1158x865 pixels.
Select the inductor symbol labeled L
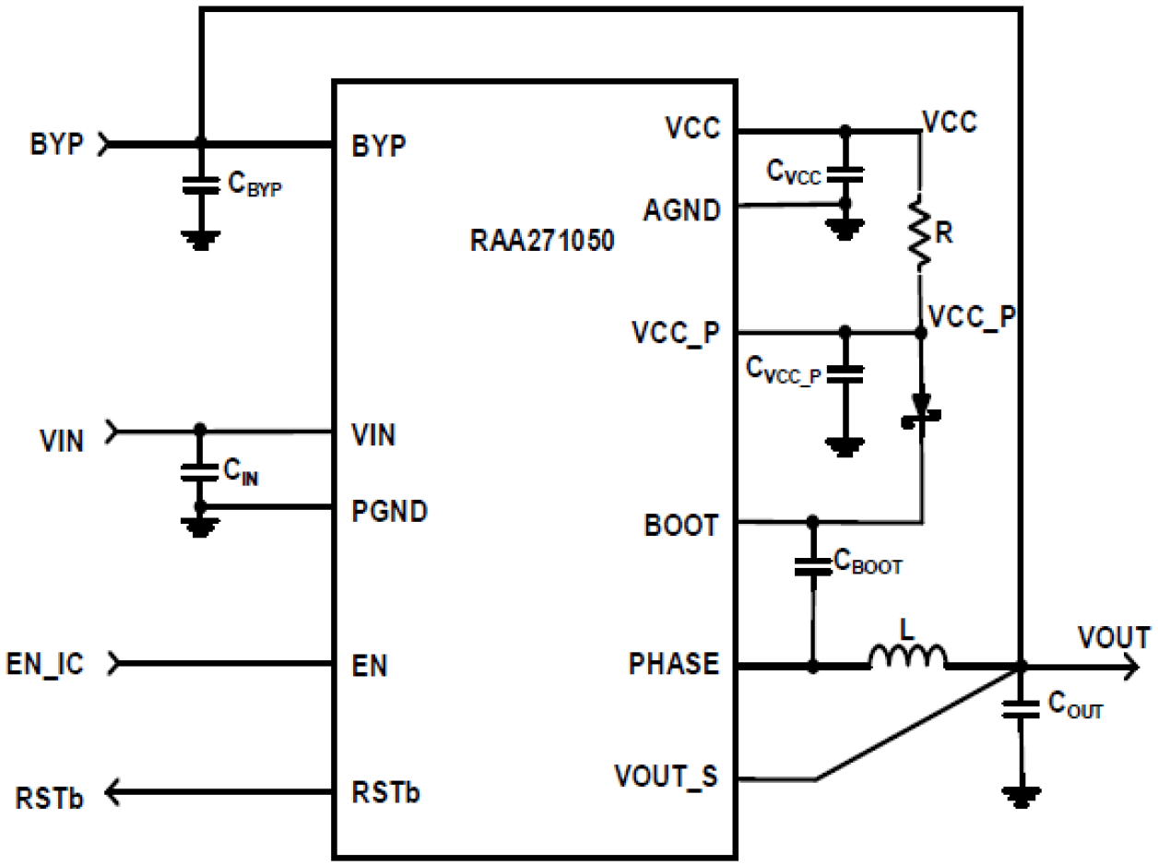tap(907, 657)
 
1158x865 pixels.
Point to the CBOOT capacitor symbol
tap(812, 565)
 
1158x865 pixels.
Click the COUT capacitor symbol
tap(1020, 709)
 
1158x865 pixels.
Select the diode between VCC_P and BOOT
tap(920, 410)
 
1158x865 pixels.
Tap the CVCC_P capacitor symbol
tap(843, 373)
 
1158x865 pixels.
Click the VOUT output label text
tap(1114, 637)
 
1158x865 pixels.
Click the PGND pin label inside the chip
tap(390, 512)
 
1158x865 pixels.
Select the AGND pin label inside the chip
tap(681, 210)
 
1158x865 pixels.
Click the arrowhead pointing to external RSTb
tap(114, 792)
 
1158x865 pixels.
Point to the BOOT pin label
tap(682, 526)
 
